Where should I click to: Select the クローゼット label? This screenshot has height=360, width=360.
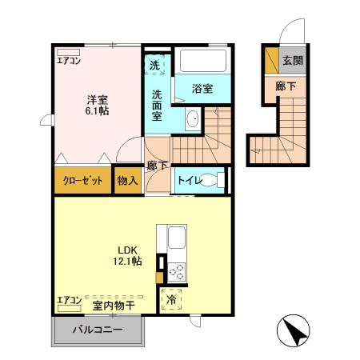coord(83,181)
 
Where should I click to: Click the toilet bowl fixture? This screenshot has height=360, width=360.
coord(214,180)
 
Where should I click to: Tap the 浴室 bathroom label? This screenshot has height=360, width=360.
coord(203,89)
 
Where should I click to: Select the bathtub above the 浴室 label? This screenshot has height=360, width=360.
coord(202,62)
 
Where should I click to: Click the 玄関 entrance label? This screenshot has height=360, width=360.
coord(293,61)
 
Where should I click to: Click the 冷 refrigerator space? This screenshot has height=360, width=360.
coord(171,301)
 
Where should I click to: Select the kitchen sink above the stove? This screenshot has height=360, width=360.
coord(175,238)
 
